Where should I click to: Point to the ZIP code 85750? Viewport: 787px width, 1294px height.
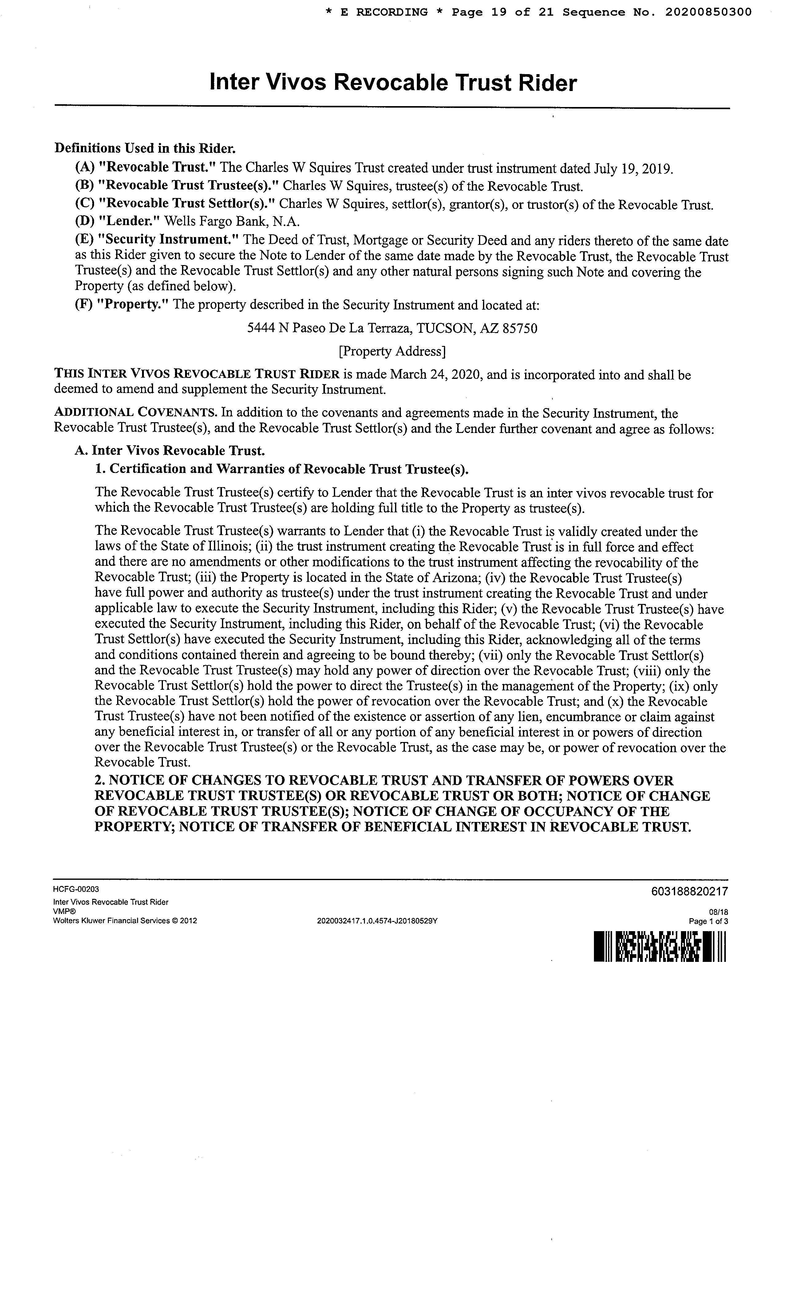click(520, 329)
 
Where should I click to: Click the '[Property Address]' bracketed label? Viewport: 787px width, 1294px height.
click(392, 351)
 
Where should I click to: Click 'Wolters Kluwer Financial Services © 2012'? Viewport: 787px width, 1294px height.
click(125, 921)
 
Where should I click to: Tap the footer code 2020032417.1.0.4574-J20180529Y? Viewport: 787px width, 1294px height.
click(378, 921)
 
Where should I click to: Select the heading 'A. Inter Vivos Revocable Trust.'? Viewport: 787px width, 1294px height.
click(170, 451)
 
